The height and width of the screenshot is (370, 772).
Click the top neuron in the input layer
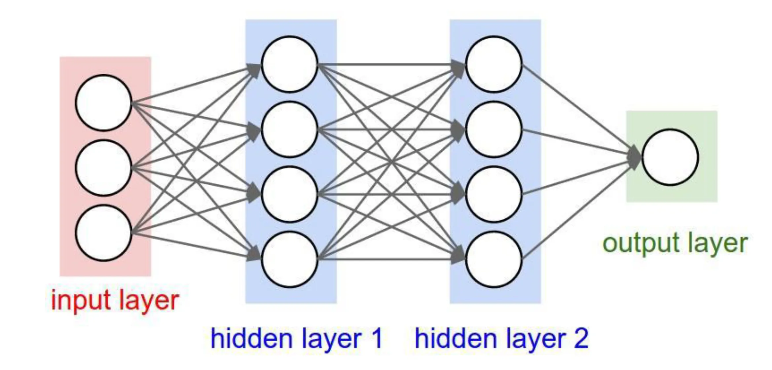(x=103, y=103)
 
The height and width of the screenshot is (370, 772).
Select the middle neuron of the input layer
(x=103, y=168)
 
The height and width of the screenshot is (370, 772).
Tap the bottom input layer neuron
(x=103, y=233)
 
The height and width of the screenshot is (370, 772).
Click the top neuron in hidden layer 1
(x=289, y=64)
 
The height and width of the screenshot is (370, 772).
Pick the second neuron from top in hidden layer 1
(x=289, y=129)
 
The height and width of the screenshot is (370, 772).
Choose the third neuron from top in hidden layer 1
(x=289, y=194)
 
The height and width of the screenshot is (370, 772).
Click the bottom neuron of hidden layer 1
(x=289, y=259)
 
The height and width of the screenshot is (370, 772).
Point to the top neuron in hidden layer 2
(x=494, y=64)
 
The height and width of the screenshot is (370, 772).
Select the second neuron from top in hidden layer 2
(x=494, y=129)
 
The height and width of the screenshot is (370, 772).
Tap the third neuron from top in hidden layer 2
(x=494, y=194)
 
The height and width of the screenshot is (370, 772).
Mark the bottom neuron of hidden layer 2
(x=494, y=259)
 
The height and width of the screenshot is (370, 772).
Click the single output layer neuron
(x=670, y=157)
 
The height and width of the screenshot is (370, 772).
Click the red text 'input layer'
(x=115, y=300)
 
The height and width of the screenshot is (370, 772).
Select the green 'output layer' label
(x=675, y=244)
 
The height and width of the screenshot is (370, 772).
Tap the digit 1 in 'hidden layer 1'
(x=376, y=338)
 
